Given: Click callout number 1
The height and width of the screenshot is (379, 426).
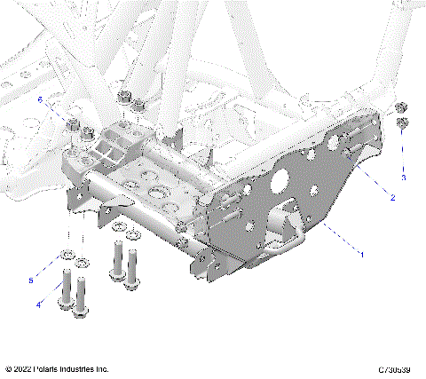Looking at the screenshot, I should [361, 256].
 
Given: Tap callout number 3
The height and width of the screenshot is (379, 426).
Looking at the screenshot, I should [404, 178].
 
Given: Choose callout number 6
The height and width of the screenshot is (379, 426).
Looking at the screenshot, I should [39, 103].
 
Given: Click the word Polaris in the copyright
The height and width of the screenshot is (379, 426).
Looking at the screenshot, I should [49, 368].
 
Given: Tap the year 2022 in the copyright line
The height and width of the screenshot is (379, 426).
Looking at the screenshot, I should [23, 368].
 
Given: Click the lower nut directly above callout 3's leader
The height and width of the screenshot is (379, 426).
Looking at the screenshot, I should [402, 122].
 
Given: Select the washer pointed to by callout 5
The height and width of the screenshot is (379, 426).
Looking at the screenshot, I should [66, 258].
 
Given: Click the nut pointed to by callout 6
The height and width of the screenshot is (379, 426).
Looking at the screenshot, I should [75, 125].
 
